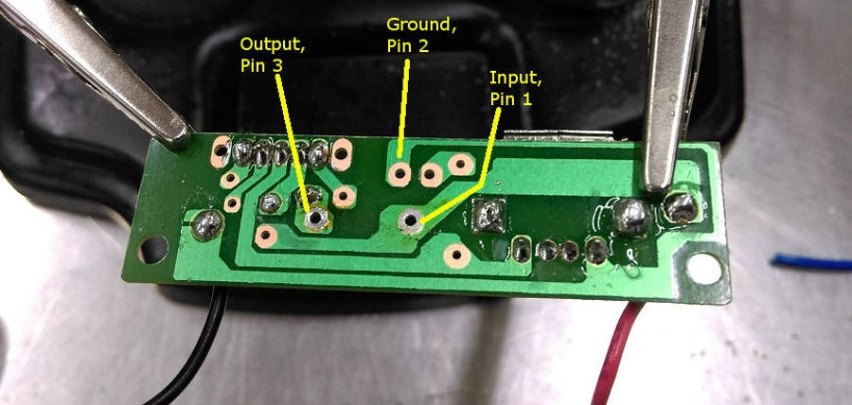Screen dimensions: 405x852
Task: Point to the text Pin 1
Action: click(x=512, y=97)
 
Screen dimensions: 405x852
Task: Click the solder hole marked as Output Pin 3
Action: click(x=316, y=219)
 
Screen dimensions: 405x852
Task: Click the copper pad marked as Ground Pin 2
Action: click(x=399, y=172)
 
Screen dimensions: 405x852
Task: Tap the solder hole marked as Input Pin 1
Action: click(x=411, y=221)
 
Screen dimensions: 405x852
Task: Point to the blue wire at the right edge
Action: click(x=810, y=261)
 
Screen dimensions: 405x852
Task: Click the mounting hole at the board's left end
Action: click(x=151, y=250)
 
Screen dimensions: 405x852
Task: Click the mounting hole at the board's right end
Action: click(x=703, y=267)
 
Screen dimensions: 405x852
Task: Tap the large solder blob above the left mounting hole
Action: click(x=206, y=224)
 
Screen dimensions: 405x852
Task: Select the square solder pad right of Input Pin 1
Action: click(x=491, y=216)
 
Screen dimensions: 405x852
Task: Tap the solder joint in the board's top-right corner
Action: click(x=680, y=206)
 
